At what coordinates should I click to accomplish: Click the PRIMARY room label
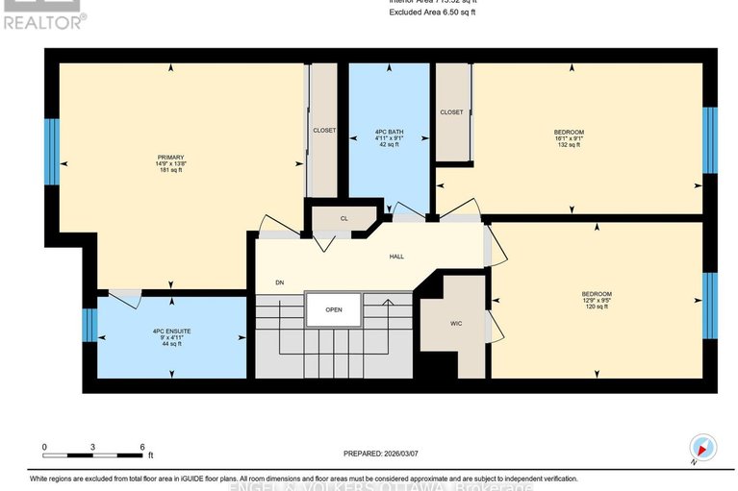coord(171,157)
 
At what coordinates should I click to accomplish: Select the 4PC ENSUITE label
coord(171,331)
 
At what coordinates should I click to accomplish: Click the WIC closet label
coord(456,324)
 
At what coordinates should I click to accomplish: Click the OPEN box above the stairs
coord(334,309)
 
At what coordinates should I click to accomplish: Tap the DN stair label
coord(279,282)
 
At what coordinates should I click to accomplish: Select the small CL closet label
coord(344,218)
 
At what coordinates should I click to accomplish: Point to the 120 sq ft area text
coord(596,308)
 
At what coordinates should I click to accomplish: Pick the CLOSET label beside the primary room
coord(323,131)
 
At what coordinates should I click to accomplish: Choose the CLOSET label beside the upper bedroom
coord(451,112)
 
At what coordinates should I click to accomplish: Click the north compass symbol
coord(704,448)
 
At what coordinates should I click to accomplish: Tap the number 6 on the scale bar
coord(142,447)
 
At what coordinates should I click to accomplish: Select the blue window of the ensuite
coord(89,325)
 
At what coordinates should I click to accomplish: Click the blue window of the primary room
coord(52,152)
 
